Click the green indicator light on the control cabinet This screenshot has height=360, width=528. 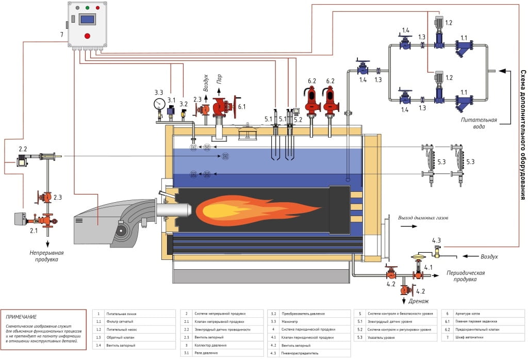(87, 8)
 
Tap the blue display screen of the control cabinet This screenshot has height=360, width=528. (87, 20)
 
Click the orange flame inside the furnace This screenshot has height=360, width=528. (258, 209)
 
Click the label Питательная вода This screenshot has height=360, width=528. (479, 123)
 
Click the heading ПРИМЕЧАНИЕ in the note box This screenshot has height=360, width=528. (22, 317)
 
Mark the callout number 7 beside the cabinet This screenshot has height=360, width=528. (61, 35)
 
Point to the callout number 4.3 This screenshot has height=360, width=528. (436, 240)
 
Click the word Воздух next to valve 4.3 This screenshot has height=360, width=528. (490, 256)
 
